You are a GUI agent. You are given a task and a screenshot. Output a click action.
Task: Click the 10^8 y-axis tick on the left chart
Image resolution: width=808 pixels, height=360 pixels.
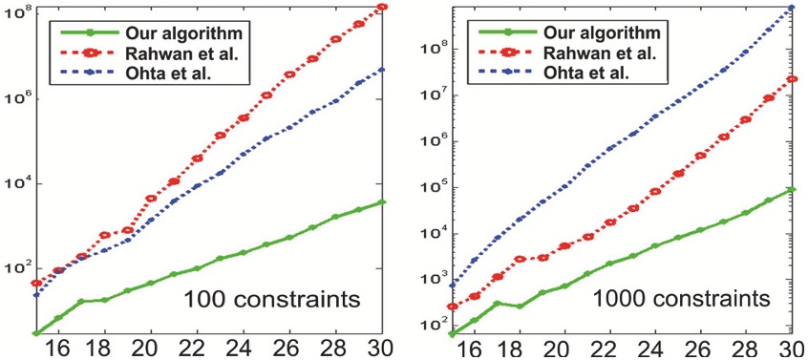[16, 14]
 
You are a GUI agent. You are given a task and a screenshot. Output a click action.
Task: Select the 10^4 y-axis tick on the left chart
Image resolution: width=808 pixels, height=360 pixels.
[16, 183]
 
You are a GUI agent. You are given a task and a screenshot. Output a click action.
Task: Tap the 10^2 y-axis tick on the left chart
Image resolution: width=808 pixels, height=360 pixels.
[16, 267]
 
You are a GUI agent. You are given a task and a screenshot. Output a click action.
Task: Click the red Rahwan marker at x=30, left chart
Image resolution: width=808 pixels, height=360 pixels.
[383, 8]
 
